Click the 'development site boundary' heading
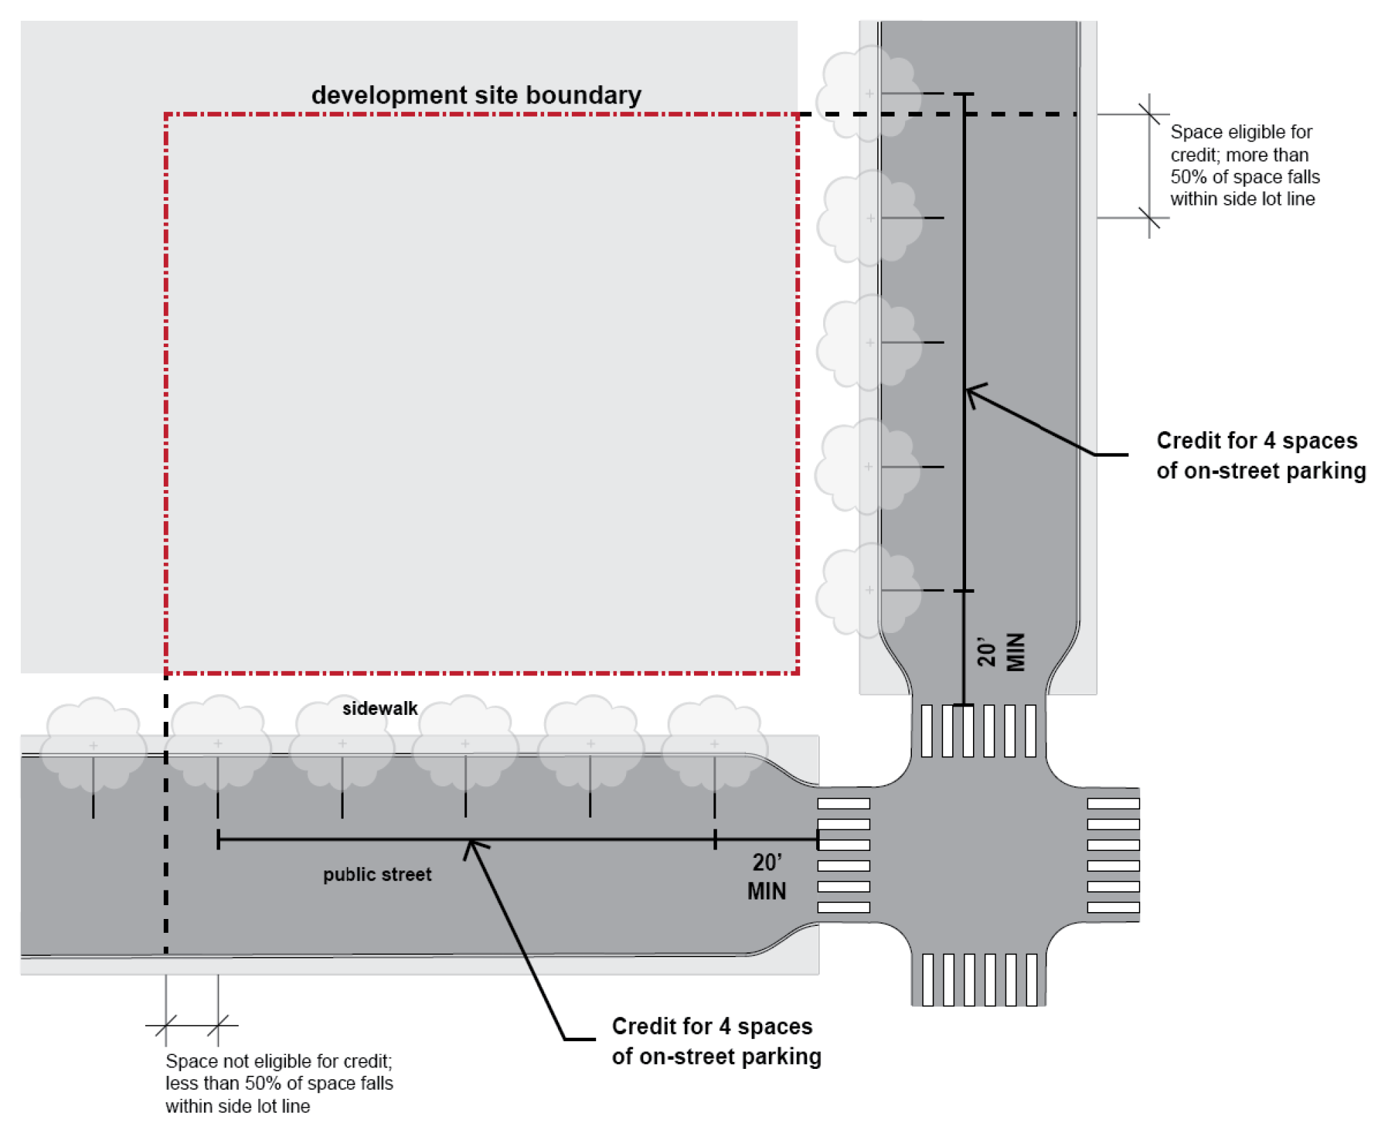[476, 95]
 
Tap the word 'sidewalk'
[380, 708]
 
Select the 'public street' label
[377, 874]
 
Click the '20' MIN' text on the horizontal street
[767, 877]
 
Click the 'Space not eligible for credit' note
[279, 1083]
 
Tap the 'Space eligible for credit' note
[1245, 165]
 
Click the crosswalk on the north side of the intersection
[979, 730]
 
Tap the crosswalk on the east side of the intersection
[1113, 855]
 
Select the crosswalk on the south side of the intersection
[979, 979]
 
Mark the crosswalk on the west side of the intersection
[843, 855]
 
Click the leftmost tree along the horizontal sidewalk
[93, 744]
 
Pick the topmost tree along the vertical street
[869, 93]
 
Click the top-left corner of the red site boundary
[167, 115]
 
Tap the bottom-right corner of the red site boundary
[797, 672]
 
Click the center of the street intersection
[979, 855]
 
